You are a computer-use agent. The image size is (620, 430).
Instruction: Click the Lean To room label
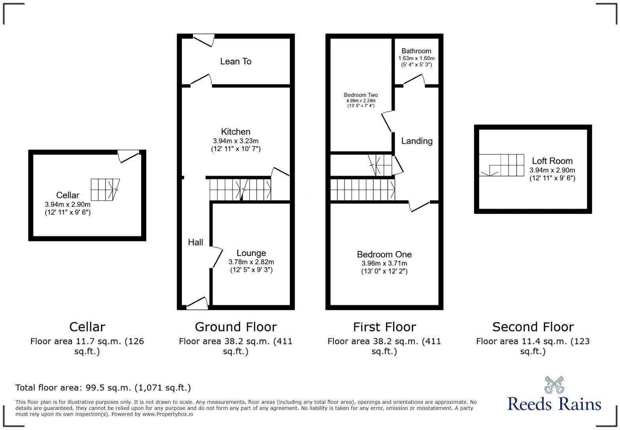click(x=236, y=61)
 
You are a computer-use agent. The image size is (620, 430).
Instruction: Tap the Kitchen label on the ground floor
click(x=236, y=132)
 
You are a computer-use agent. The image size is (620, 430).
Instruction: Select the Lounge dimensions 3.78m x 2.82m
click(x=251, y=262)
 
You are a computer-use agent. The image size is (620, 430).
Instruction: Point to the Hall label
click(x=195, y=242)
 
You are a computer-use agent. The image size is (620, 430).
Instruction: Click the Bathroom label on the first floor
click(x=416, y=51)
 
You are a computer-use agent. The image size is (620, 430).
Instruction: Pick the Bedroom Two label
click(x=361, y=95)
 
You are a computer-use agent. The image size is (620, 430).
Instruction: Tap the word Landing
click(x=417, y=141)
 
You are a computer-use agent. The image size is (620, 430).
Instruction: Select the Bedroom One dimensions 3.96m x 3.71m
click(x=384, y=263)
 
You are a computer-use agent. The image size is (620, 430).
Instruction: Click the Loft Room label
click(x=552, y=161)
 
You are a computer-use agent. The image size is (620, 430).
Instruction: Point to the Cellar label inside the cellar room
click(x=68, y=195)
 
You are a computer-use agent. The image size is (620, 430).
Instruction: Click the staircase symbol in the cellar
click(x=105, y=189)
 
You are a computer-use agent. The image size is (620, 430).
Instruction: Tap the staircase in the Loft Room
click(x=501, y=165)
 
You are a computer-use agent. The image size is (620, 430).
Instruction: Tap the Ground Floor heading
click(x=236, y=327)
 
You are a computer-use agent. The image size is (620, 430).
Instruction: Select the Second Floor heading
click(x=533, y=327)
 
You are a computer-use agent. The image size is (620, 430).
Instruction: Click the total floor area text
click(x=103, y=388)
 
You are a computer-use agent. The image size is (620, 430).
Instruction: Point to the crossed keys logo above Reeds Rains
click(x=554, y=385)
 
